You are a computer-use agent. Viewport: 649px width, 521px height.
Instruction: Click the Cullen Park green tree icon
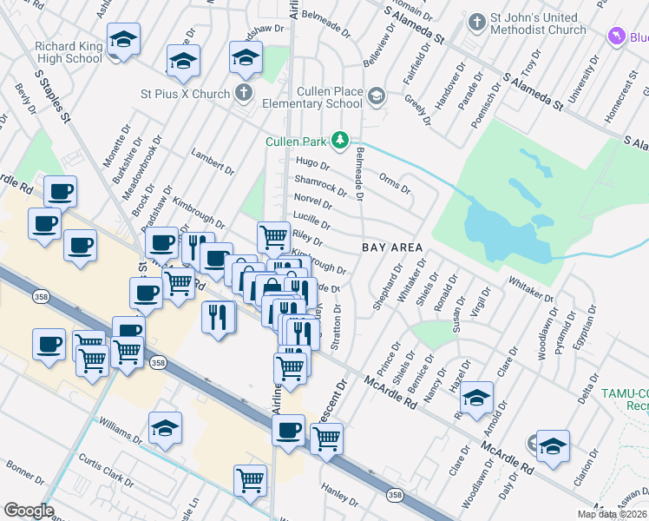click(342, 140)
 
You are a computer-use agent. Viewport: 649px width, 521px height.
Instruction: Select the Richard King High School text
click(69, 52)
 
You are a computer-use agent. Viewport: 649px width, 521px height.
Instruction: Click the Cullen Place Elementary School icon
click(376, 95)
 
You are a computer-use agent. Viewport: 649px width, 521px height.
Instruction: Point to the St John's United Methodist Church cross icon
click(476, 21)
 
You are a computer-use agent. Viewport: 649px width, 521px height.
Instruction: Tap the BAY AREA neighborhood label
click(392, 247)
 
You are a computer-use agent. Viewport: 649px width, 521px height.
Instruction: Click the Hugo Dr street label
click(312, 163)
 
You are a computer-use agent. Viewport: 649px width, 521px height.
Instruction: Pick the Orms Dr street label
click(395, 183)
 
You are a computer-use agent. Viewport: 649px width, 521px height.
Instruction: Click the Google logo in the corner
click(29, 511)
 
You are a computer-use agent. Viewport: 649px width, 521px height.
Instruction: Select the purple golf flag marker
click(616, 36)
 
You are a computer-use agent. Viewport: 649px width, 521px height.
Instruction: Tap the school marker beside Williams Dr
click(165, 427)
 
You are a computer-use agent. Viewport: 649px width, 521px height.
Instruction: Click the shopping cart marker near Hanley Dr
click(251, 478)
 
